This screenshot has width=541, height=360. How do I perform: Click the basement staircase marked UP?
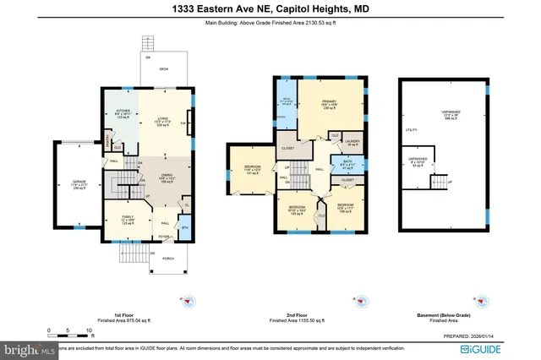[x=439, y=182]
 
